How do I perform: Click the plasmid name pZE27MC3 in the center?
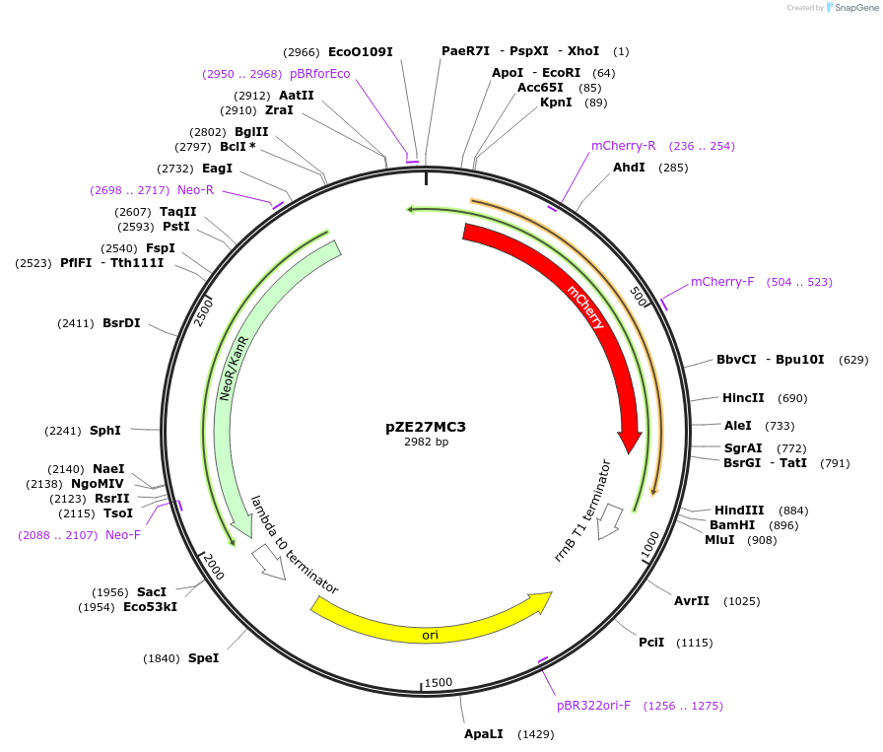coord(426,428)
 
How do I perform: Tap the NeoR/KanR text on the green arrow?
coord(233,367)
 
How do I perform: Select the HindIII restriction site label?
coord(739,511)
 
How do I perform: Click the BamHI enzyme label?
coord(732,525)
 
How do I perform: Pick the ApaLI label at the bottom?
coord(484,734)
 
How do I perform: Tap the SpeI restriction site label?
coord(203,658)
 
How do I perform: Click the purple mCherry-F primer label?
coord(722,282)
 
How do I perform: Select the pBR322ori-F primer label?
coord(593,706)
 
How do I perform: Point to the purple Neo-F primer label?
coord(123,535)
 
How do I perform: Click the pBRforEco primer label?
coord(319,74)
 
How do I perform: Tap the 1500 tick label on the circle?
coord(438,682)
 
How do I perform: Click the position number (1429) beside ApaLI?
coord(536,734)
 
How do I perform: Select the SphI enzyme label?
coord(104,431)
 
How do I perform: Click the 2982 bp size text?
coord(426,443)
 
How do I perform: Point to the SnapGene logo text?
coord(852,8)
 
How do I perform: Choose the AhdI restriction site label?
coord(629,168)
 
